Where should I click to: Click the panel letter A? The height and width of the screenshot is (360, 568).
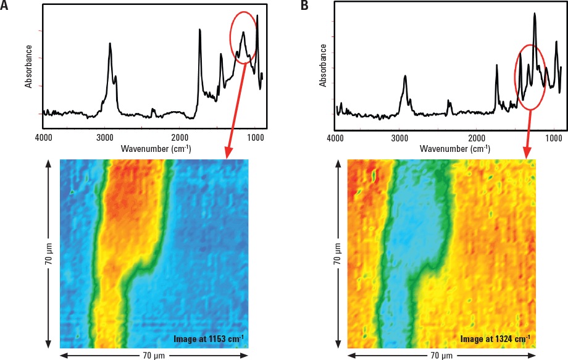click(x=5, y=6)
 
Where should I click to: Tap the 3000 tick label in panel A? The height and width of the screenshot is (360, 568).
click(x=104, y=137)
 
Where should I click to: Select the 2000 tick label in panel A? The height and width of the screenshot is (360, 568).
click(x=179, y=137)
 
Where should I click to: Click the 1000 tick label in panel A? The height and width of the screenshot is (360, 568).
click(x=254, y=137)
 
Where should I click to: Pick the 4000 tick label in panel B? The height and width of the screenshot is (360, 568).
click(x=335, y=138)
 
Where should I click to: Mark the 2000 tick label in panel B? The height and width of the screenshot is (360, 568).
click(x=476, y=138)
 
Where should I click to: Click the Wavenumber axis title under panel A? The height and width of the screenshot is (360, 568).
click(x=156, y=149)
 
